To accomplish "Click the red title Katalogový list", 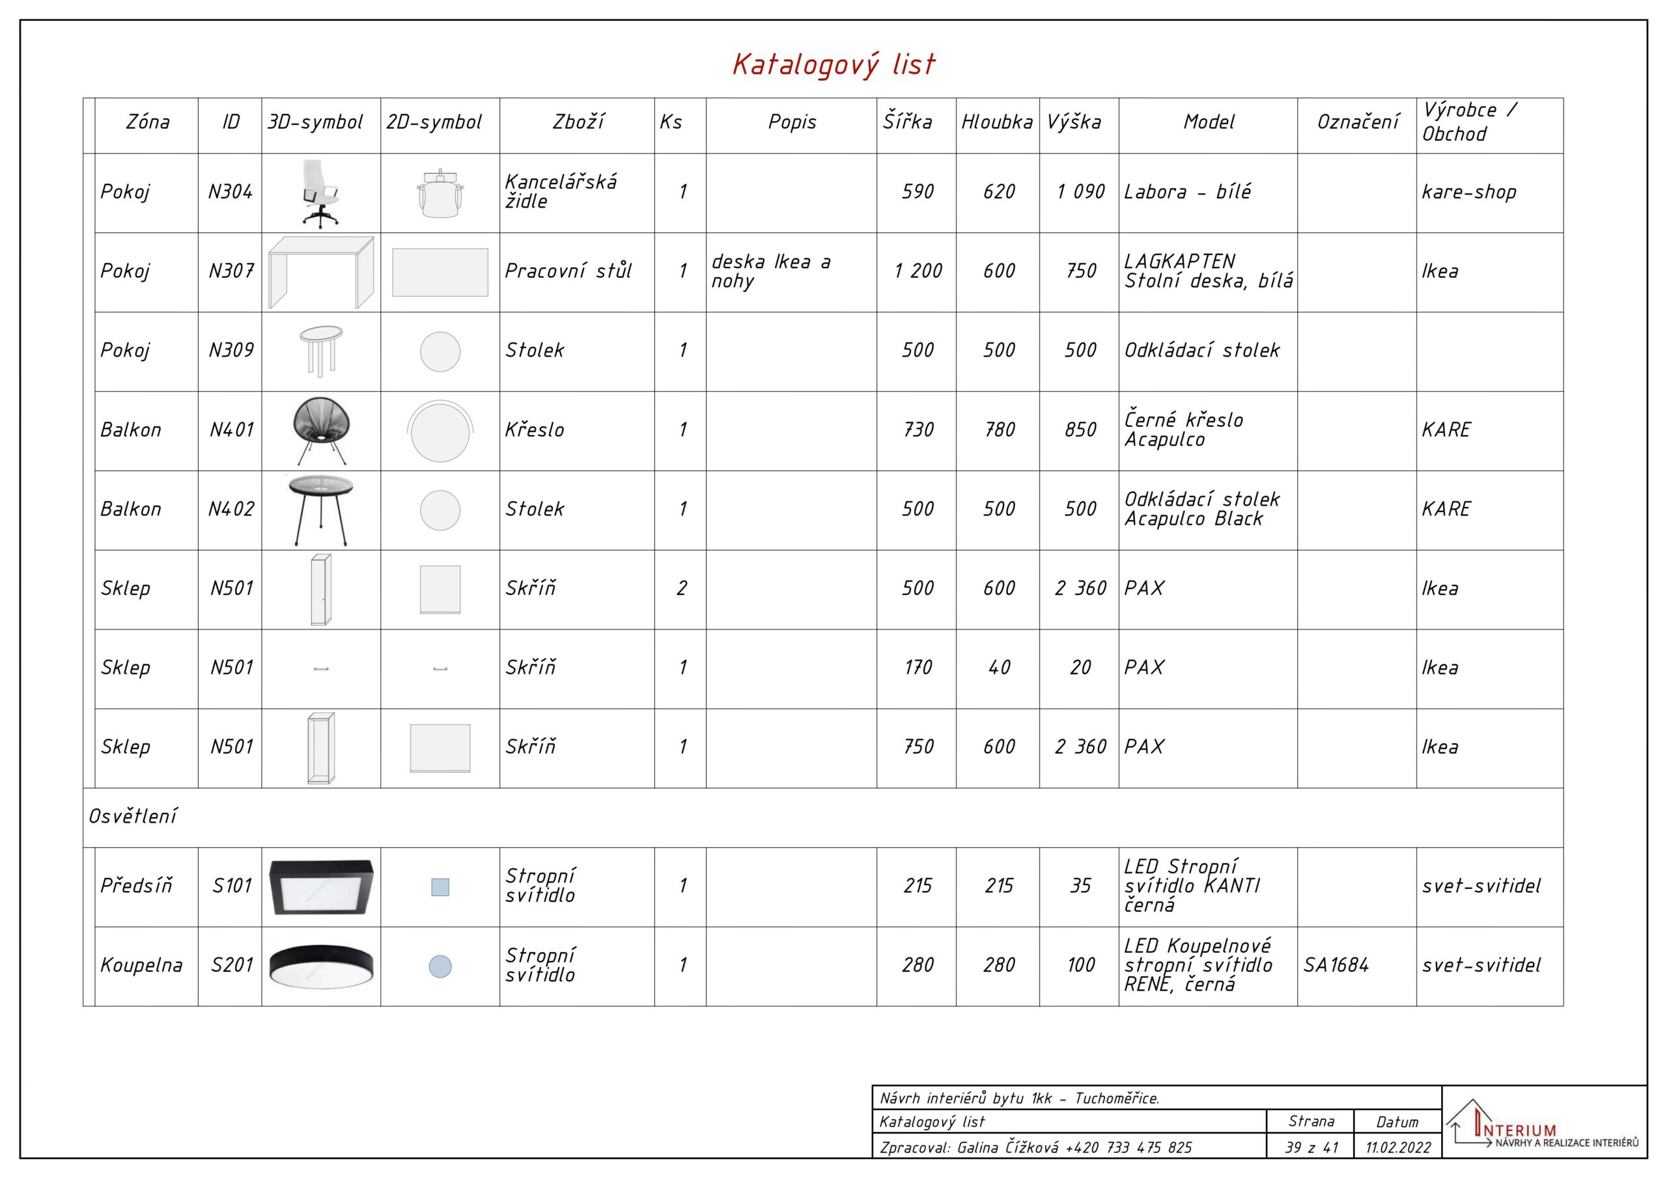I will (833, 64).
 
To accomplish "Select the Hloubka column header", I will (997, 122).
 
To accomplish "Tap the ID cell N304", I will (230, 191).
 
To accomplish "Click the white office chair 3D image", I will (320, 193).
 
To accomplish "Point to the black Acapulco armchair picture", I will (321, 431).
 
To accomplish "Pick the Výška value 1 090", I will (1080, 191).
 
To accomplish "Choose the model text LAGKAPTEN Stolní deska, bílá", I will (1208, 271).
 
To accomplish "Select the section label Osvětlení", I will (133, 817).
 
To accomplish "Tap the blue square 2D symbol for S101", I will (440, 887).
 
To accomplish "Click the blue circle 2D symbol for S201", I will (440, 966).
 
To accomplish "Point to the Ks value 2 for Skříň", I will (682, 588).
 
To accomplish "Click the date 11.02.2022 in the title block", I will (1397, 1147).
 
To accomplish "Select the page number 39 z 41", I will (1311, 1147).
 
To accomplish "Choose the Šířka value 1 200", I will (918, 271).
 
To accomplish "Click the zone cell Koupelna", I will (141, 965).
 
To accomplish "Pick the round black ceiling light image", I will (321, 966).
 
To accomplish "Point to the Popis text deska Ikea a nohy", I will (771, 271).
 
